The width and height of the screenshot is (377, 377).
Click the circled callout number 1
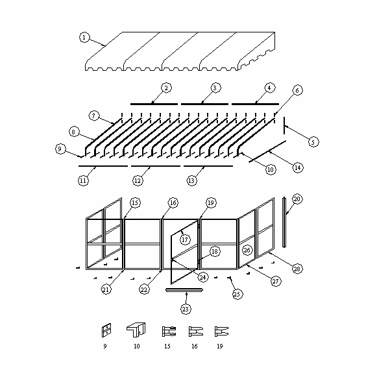tap(84, 38)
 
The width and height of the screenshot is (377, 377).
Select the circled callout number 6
tap(297, 90)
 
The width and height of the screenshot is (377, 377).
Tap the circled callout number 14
tap(298, 167)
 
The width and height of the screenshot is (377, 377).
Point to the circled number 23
tap(186, 309)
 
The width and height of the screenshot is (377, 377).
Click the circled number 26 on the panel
tap(247, 250)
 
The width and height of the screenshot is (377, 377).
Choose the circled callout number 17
tap(185, 239)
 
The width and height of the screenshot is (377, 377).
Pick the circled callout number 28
tap(297, 269)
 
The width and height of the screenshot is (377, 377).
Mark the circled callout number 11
tap(83, 180)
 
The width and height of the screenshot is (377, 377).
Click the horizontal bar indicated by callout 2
tap(154, 104)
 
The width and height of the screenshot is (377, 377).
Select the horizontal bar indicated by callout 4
tap(256, 104)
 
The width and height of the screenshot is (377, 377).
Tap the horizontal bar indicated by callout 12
tap(156, 166)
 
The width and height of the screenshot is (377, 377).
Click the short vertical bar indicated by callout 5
tap(284, 125)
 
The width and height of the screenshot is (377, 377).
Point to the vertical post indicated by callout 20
tap(284, 222)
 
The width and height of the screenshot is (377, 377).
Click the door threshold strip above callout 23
tap(184, 290)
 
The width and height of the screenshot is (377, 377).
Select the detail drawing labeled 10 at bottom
tap(136, 330)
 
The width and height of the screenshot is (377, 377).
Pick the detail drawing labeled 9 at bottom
tap(106, 330)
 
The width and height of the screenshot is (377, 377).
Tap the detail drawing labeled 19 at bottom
tap(221, 332)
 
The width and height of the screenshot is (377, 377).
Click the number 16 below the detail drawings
tap(194, 347)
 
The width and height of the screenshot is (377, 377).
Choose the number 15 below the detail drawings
tap(167, 347)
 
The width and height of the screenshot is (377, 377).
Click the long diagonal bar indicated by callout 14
tap(267, 151)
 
